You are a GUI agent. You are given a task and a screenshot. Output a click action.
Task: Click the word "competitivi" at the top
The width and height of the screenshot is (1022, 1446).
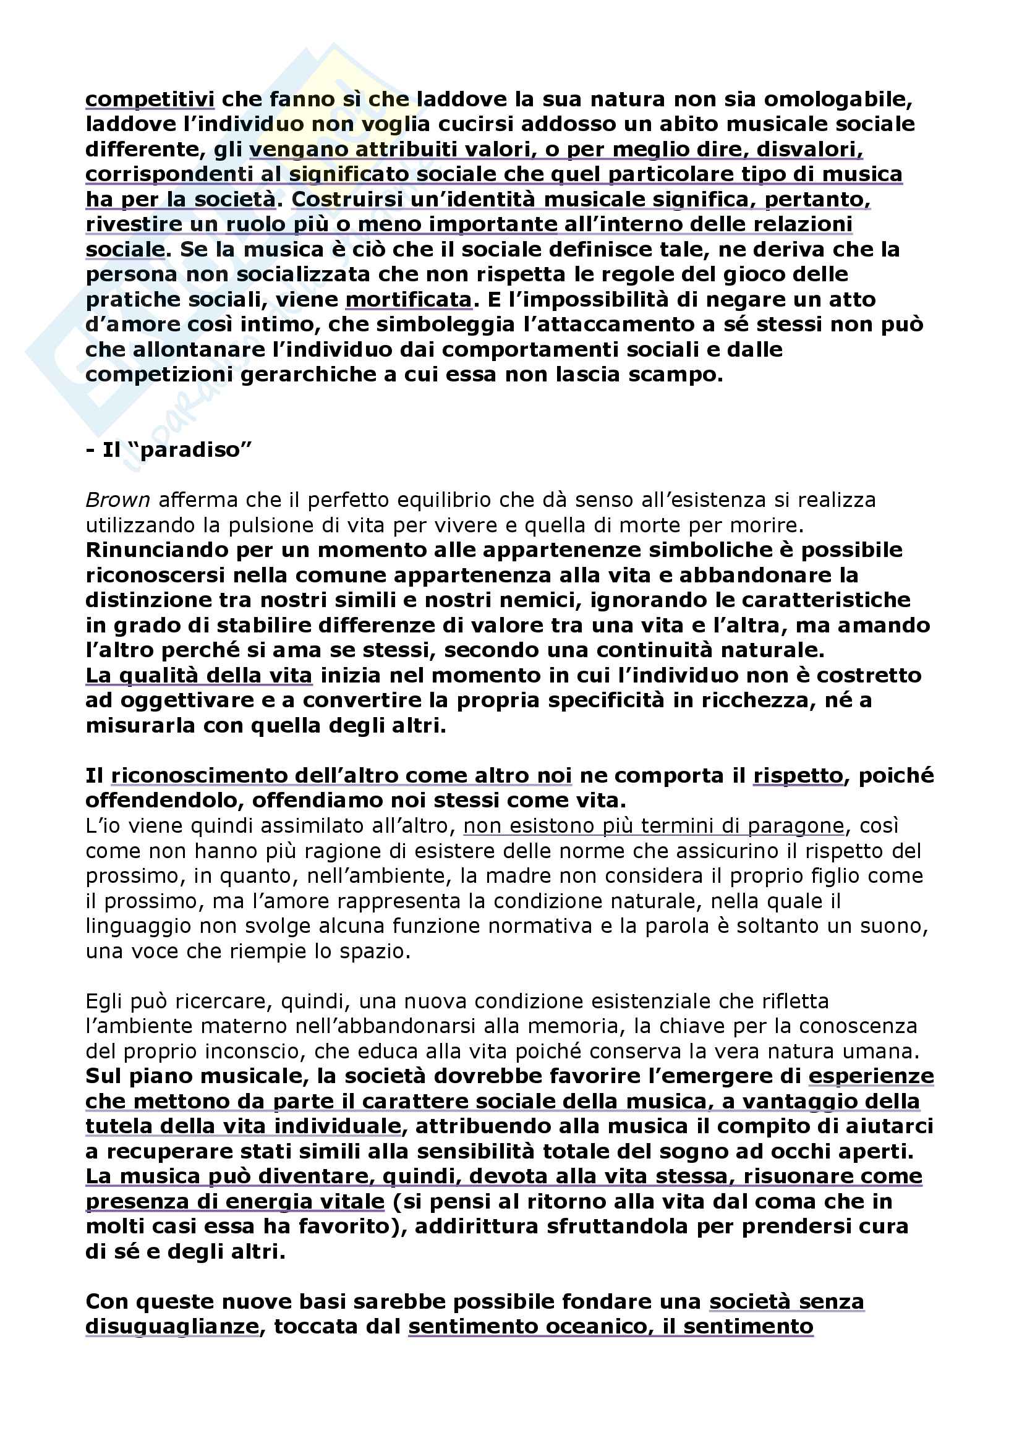point(150,100)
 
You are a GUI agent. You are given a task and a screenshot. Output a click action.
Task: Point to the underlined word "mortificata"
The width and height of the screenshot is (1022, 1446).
point(408,299)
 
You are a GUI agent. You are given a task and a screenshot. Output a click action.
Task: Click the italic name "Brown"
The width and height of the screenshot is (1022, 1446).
point(117,500)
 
